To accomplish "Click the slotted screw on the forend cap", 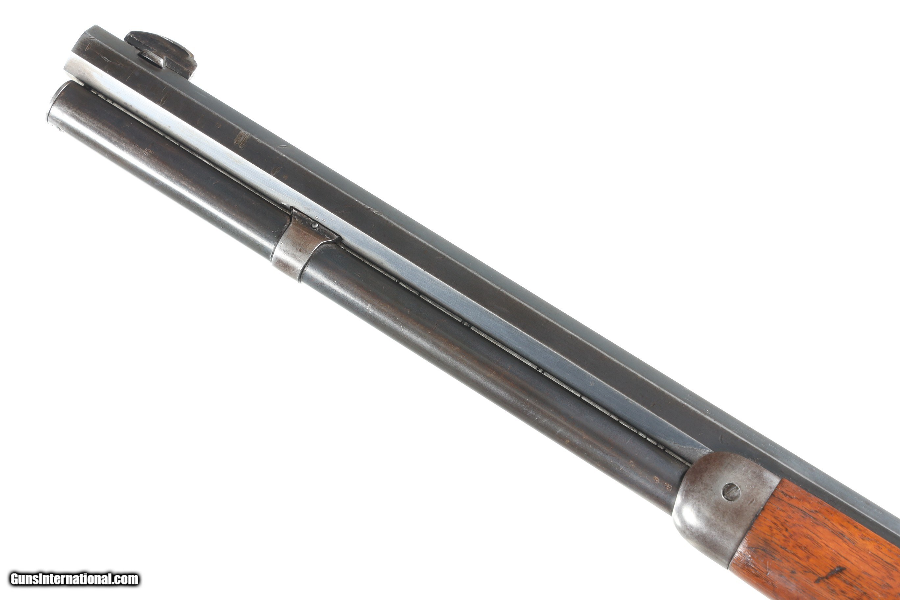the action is click(731, 492).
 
